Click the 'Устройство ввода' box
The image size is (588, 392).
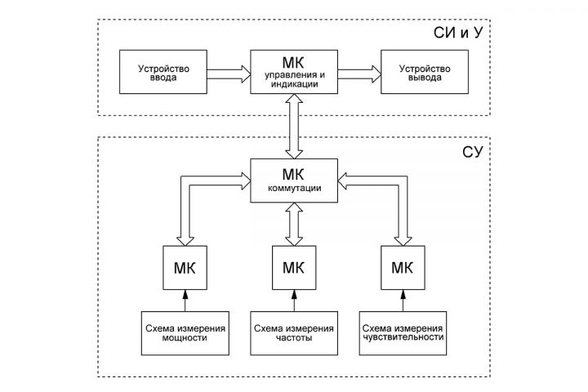pyautogui.click(x=163, y=73)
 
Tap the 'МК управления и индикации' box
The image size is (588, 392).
pyautogui.click(x=294, y=72)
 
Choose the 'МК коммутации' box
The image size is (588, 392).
pyautogui.click(x=294, y=180)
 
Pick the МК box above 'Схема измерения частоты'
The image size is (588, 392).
pyautogui.click(x=294, y=268)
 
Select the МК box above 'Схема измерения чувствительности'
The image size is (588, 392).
pyautogui.click(x=402, y=268)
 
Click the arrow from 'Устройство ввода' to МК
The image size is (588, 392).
pyautogui.click(x=228, y=73)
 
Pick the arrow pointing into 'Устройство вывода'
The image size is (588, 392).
pyautogui.click(x=360, y=73)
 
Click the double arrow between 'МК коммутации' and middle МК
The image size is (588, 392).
pyautogui.click(x=294, y=223)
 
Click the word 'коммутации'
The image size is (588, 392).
pyautogui.click(x=294, y=189)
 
